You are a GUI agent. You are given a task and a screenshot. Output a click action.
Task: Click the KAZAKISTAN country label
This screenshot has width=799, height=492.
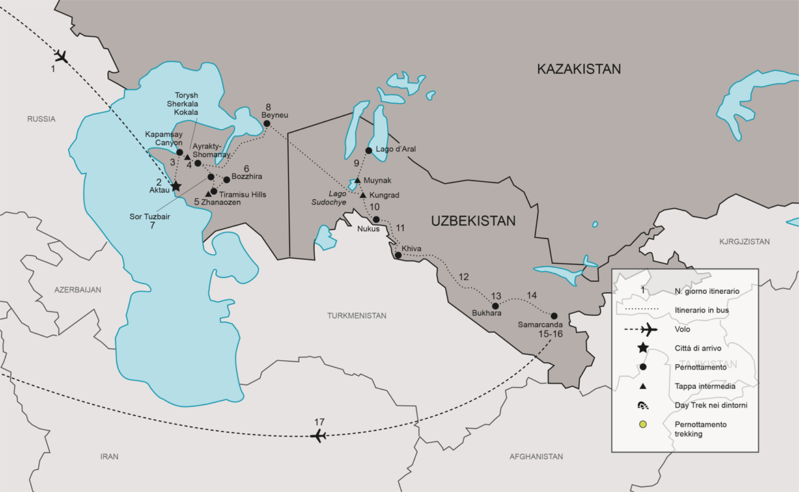[x=578, y=69]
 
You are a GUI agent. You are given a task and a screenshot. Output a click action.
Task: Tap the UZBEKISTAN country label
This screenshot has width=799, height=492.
[x=473, y=221]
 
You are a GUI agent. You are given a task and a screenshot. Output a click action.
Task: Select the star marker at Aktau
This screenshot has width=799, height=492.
[x=176, y=186]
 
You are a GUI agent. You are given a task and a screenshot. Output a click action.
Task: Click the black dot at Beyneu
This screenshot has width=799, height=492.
[x=267, y=124]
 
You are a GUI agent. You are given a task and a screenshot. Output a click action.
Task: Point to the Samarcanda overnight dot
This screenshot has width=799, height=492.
[x=554, y=316]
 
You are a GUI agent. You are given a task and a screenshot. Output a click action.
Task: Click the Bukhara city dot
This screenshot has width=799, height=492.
[x=496, y=305]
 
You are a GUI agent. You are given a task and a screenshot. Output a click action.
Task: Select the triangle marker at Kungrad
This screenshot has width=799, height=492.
[x=363, y=195]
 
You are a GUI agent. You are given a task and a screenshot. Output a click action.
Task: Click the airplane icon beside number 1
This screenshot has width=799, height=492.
[x=61, y=56]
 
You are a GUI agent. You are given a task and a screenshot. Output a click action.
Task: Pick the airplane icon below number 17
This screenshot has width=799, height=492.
[x=319, y=436]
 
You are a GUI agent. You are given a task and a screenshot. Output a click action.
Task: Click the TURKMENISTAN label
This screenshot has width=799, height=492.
[x=356, y=316]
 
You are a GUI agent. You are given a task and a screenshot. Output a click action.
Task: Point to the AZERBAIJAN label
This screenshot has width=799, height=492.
[x=78, y=290]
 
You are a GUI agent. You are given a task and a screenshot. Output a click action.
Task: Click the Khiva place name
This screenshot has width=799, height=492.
[x=412, y=248]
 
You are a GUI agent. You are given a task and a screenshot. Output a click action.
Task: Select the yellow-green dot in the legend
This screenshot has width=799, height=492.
[x=642, y=425]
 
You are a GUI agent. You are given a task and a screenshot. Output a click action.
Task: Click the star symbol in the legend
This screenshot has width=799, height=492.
[x=642, y=348]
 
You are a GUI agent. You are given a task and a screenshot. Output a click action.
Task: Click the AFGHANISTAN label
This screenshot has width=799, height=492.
[x=536, y=456]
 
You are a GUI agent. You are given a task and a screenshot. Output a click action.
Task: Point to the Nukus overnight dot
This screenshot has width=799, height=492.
[x=376, y=219]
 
